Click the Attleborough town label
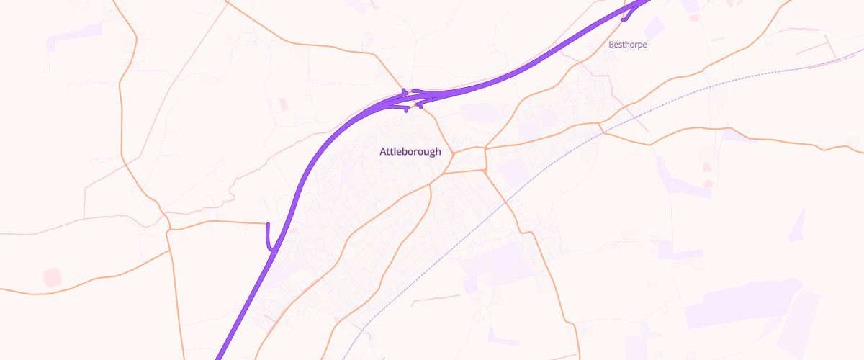click(x=410, y=152)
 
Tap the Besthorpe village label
click(x=628, y=45)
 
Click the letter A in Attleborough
click(x=383, y=152)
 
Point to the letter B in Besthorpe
click(x=611, y=45)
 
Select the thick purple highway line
click(x=302, y=180)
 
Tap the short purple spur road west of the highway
click(x=268, y=236)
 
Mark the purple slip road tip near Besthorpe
click(x=623, y=19)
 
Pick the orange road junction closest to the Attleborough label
click(x=452, y=153)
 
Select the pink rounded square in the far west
click(x=53, y=277)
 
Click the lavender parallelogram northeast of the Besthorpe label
click(x=654, y=27)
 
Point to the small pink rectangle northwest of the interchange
click(x=283, y=104)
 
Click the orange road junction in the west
click(x=168, y=229)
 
